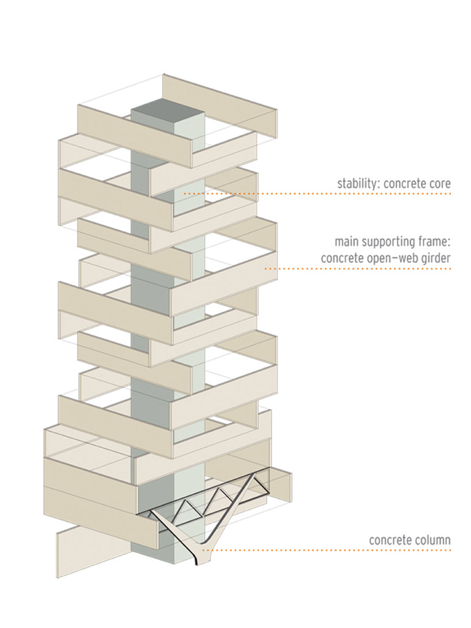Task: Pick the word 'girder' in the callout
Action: (x=436, y=259)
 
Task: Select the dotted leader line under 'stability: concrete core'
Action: (x=317, y=194)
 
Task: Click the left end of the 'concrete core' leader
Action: (x=185, y=194)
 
